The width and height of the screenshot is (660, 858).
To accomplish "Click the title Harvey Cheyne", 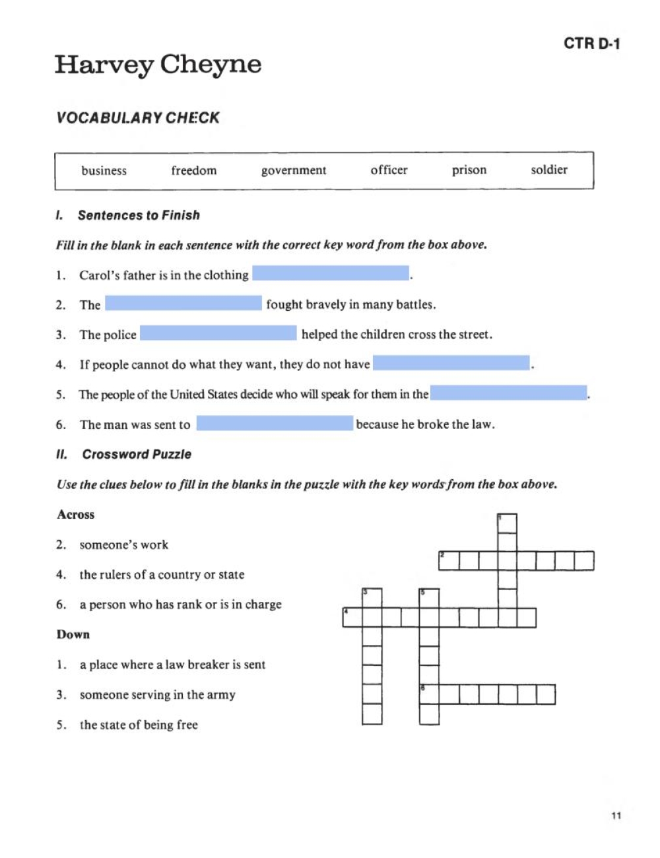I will point(158,65).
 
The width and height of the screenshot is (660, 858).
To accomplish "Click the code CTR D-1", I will point(591,44).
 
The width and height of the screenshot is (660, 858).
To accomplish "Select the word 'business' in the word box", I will point(104,171).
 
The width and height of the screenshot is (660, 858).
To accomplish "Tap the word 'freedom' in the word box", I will point(193,171).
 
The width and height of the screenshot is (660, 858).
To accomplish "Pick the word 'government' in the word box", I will point(294,171).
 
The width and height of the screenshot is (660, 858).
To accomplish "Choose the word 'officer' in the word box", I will point(389,170).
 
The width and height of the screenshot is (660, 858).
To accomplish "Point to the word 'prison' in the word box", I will point(469,170).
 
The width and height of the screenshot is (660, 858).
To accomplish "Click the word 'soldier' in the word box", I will point(548,170).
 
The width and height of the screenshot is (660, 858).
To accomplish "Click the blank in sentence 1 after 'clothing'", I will point(331,273).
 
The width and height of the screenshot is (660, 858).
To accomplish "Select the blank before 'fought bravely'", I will point(183,303).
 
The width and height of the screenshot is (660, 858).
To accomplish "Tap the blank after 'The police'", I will point(218,333).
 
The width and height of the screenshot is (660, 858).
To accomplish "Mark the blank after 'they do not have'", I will point(451,363).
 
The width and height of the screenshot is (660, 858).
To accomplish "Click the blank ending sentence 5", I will point(508,393).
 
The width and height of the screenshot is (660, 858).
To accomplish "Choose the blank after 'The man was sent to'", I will point(275,423).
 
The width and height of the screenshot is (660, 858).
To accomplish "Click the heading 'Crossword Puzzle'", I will point(137,455).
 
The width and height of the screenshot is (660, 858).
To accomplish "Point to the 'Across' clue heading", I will point(75,515).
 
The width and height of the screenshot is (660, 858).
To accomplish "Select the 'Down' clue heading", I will point(73,635).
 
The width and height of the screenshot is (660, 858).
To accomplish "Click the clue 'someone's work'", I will point(123,545).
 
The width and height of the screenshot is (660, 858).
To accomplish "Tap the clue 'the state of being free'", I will point(139,725).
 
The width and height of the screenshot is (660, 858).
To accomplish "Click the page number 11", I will point(616,816).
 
